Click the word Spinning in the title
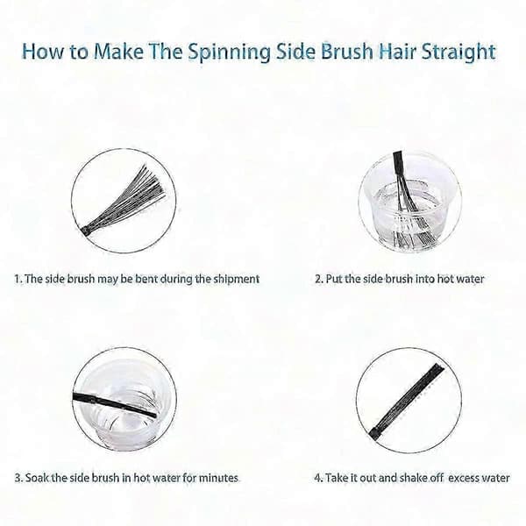[x=229, y=53]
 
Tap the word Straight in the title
[x=458, y=53]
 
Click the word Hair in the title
[x=397, y=52]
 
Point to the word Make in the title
[x=118, y=52]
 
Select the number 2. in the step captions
[x=319, y=279]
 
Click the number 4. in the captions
[x=319, y=478]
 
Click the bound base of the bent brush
[x=86, y=231]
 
